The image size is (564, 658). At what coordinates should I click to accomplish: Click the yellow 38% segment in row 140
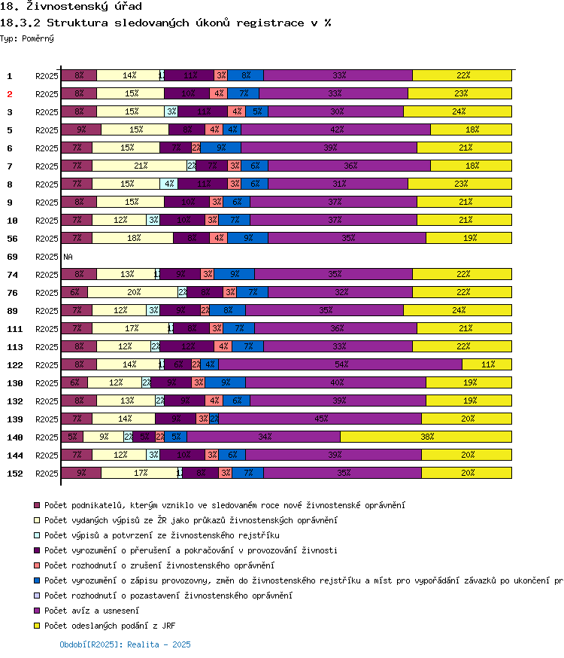pos(426,437)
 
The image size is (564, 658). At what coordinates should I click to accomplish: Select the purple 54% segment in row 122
pos(341,364)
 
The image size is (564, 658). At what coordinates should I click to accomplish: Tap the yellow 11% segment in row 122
pos(487,364)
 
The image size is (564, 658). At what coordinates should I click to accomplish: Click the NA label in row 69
pos(68,257)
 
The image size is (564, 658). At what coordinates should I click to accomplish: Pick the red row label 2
pos(10,94)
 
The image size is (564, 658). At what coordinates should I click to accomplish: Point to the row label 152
pos(15,474)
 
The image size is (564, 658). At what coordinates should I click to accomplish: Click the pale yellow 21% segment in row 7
pos(139,166)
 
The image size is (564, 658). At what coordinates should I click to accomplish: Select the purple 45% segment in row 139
pos(320,419)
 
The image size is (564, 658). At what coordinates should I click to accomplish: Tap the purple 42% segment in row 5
pos(336,129)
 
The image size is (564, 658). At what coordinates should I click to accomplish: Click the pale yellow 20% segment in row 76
pos(133,292)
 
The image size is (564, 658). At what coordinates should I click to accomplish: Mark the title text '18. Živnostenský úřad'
pos(71,7)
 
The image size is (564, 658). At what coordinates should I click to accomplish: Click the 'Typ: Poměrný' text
pos(27,38)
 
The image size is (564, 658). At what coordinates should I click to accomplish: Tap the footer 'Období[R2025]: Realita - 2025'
pos(125,644)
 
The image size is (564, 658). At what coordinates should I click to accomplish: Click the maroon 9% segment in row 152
pos(80,473)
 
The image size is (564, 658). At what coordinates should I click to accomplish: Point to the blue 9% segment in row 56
pos(247,238)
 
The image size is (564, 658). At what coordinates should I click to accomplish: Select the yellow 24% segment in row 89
pos(458,310)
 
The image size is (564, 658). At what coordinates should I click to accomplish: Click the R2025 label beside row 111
pos(47,329)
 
